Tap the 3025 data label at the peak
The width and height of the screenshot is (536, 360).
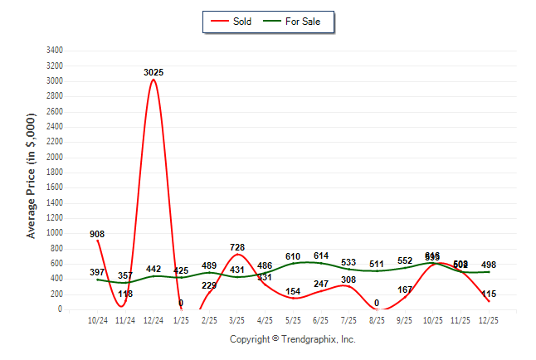[153, 73]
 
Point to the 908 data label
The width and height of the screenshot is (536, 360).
[97, 235]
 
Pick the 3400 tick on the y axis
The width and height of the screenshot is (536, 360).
[56, 51]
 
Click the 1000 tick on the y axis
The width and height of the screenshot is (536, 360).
[56, 234]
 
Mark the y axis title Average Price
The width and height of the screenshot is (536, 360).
[32, 176]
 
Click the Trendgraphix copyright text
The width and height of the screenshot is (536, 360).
[292, 339]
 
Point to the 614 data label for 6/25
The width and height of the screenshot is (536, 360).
[321, 257]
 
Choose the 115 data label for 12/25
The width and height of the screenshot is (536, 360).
[489, 294]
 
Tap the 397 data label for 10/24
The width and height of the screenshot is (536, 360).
[97, 273]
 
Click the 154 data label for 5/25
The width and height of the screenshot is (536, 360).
[293, 292]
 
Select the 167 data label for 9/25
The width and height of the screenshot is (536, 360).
[405, 290]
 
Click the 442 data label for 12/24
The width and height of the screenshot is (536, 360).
[153, 270]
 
